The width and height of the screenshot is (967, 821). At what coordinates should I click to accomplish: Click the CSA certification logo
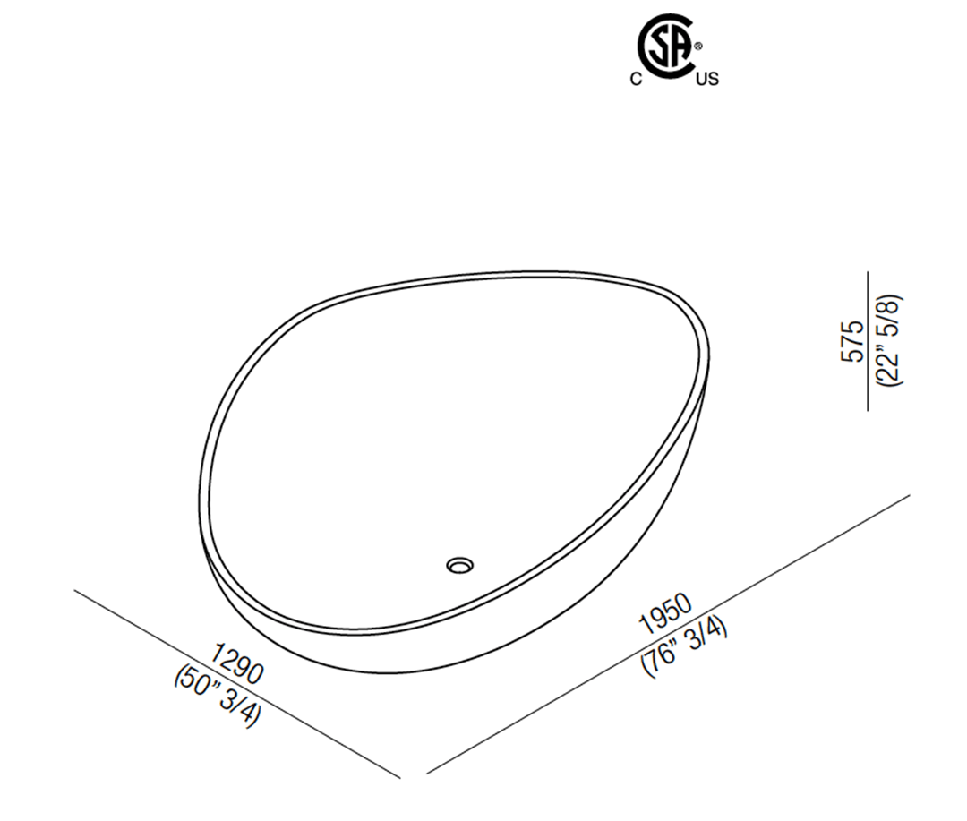[666, 45]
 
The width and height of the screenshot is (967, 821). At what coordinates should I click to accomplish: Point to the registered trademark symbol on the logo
[699, 44]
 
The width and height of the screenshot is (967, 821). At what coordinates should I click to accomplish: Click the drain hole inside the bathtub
[460, 565]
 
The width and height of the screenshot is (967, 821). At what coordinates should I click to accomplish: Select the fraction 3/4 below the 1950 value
[707, 632]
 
